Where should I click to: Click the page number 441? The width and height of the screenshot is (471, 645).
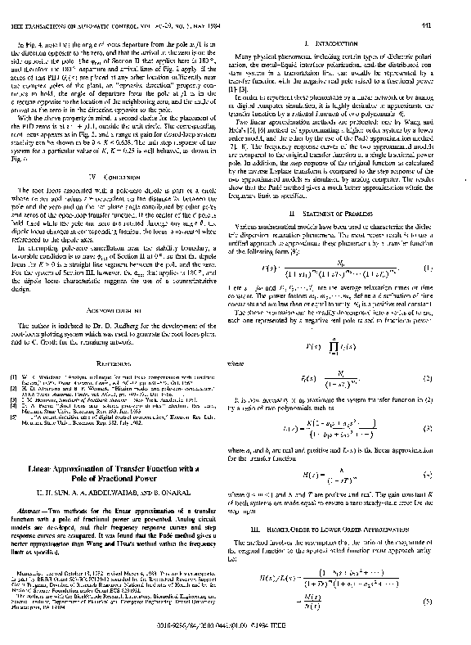449,9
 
